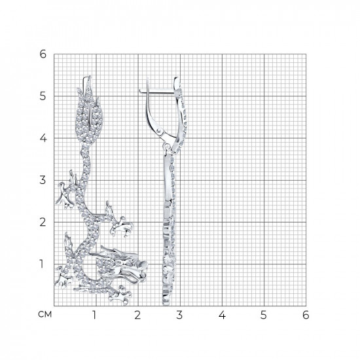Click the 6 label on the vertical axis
coord(43,54)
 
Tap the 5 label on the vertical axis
coord(43,96)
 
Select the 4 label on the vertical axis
coord(43,138)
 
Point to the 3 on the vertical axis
coord(43,180)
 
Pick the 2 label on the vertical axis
coord(43,222)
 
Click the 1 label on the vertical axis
coord(41,264)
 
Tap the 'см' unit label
coord(45,314)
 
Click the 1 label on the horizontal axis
coord(94,315)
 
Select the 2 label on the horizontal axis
coord(137,315)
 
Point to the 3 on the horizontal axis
coord(179,315)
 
